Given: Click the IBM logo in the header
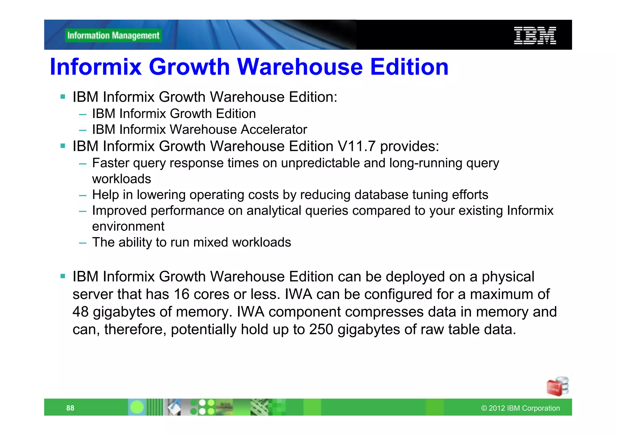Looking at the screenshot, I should [x=535, y=36].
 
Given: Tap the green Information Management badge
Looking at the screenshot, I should [x=113, y=36].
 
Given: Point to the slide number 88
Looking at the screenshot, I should [x=70, y=408].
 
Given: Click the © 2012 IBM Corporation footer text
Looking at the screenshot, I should [x=520, y=408].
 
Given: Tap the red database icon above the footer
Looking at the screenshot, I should [x=557, y=386].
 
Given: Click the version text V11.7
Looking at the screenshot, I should [x=356, y=146].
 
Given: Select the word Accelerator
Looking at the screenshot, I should [x=274, y=130].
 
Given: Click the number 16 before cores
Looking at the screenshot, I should [x=181, y=294].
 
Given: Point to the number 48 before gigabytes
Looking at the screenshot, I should [x=80, y=312].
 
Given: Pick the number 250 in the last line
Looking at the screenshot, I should [x=321, y=329].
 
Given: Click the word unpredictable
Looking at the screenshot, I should [x=320, y=163].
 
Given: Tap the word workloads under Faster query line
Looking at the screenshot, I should [x=121, y=179].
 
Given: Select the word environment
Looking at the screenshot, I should [x=128, y=226].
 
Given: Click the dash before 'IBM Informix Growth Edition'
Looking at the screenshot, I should [x=83, y=114].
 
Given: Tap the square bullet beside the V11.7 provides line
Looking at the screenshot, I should [x=63, y=146].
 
